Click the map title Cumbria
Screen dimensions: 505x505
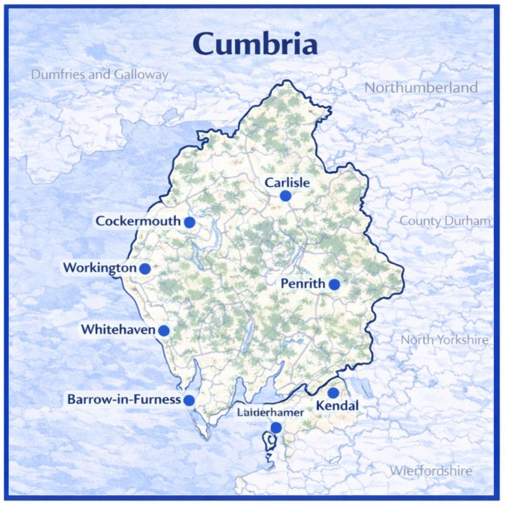(255, 44)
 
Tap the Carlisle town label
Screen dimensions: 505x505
(287, 183)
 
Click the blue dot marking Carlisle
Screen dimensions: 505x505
(286, 196)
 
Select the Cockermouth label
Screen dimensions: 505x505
(138, 221)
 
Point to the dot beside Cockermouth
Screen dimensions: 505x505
(189, 222)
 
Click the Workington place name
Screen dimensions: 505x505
(100, 268)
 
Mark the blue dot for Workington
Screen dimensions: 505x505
(145, 268)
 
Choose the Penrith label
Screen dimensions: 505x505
(303, 284)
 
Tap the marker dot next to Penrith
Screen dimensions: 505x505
(334, 284)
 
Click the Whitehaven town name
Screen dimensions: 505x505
(119, 330)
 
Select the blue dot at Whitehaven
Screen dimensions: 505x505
(164, 330)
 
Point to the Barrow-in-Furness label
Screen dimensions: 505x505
(124, 399)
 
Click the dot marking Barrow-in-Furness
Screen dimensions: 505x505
(189, 400)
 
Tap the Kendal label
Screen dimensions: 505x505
(337, 406)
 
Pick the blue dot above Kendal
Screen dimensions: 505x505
(333, 393)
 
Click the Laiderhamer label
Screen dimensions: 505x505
(270, 413)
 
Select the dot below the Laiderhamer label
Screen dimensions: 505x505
(276, 428)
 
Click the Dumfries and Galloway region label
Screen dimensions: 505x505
(100, 75)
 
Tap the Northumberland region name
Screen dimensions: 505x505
(421, 88)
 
